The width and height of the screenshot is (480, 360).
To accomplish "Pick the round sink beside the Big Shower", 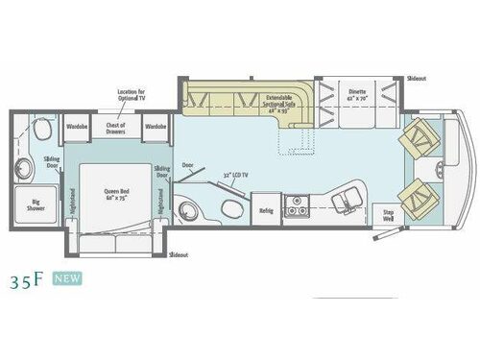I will (x=24, y=171).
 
